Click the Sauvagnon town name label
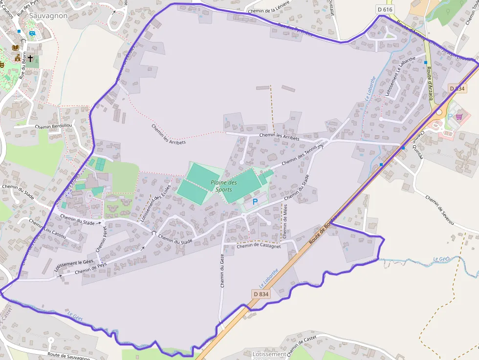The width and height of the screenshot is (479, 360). click(48, 16)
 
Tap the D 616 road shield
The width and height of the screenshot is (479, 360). click(385, 9)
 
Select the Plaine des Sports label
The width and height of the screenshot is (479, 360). click(224, 186)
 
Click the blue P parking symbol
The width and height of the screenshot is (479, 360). click(255, 201)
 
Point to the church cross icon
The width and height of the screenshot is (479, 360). click(30, 58)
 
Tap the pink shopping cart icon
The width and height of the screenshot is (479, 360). click(459, 117)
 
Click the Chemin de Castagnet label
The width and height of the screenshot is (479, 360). click(259, 246)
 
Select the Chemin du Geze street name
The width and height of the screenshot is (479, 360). click(222, 271)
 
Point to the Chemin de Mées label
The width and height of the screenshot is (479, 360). click(285, 222)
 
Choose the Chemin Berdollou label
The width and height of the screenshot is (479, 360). click(53, 126)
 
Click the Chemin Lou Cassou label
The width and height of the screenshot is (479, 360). click(47, 230)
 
